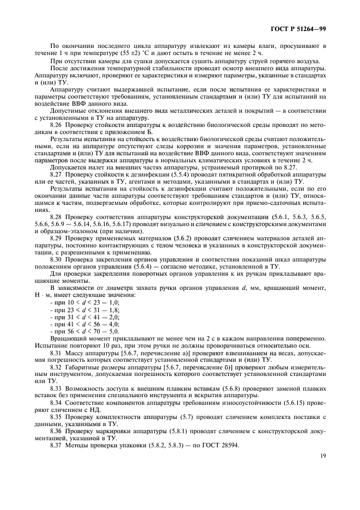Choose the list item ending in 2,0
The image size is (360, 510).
tap(84, 317)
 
